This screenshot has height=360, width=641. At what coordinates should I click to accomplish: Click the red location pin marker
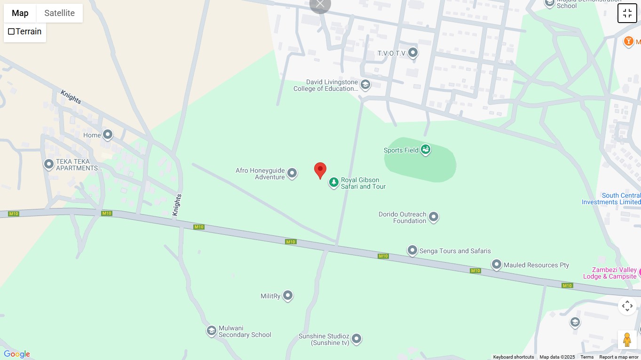[320, 170]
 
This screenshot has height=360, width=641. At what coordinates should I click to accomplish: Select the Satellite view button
[59, 13]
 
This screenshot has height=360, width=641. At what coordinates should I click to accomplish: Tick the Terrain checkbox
[11, 32]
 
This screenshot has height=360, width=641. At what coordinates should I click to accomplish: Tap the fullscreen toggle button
[627, 13]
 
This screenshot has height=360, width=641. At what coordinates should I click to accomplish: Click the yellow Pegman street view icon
[627, 339]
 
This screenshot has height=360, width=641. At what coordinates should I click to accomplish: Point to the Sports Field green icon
[426, 150]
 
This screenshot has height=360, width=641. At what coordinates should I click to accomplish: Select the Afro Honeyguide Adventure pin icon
[292, 173]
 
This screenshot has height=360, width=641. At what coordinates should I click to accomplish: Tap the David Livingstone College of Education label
[325, 85]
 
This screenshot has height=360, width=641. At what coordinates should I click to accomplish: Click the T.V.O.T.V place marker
[413, 53]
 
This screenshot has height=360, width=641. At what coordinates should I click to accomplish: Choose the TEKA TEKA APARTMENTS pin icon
[49, 164]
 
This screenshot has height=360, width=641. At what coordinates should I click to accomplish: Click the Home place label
[92, 135]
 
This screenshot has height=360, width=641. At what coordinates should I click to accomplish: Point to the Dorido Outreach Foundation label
[403, 217]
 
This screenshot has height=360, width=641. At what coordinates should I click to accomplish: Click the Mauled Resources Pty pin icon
[497, 264]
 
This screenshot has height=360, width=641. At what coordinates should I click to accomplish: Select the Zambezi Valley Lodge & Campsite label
[609, 273]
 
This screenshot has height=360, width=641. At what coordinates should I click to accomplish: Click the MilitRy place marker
[288, 296]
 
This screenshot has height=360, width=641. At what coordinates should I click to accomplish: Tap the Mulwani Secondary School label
[245, 331]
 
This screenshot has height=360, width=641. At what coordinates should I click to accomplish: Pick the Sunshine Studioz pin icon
[356, 338]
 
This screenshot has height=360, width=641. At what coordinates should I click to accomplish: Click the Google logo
[16, 354]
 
